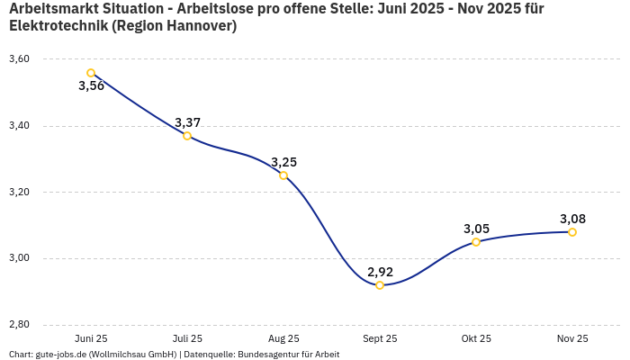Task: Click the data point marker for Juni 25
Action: [x=91, y=73]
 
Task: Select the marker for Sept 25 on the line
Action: [x=380, y=285]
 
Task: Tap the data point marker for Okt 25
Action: [x=476, y=242]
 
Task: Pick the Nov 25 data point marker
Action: [x=572, y=232]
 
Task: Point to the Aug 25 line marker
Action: [x=283, y=175]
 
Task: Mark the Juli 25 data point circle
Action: [x=187, y=136]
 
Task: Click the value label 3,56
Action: [x=91, y=86]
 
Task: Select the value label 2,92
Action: [x=380, y=272]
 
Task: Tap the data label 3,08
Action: [x=572, y=219]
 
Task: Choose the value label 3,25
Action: [x=283, y=162]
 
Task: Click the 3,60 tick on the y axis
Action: [x=19, y=59]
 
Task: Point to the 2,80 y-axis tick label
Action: [x=19, y=325]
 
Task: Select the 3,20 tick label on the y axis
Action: [x=19, y=193]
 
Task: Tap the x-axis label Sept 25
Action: [x=380, y=339]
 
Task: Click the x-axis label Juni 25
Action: [x=91, y=339]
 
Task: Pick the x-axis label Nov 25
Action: [x=572, y=339]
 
